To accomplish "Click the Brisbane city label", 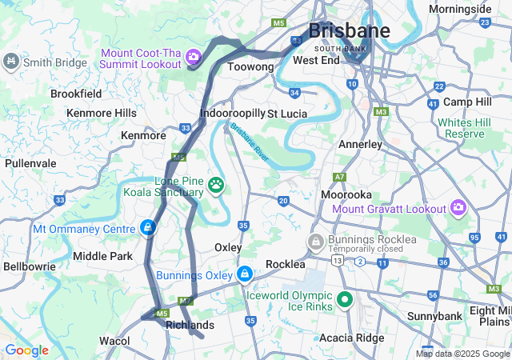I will (349, 31).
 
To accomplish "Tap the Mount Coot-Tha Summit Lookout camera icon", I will (193, 57).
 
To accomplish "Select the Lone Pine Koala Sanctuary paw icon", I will (216, 186).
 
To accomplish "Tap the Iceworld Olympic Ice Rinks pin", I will (345, 300).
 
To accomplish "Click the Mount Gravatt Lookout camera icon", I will (458, 208).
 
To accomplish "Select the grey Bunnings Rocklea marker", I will (316, 240).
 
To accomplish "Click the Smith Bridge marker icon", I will (11, 61).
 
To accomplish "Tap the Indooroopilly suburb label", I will (232, 114).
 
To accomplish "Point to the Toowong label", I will (251, 67).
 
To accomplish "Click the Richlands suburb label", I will (190, 325).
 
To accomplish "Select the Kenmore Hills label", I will (102, 113).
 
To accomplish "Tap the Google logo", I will (26, 350).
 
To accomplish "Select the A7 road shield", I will (340, 177).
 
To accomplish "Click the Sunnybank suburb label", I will (434, 316).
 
